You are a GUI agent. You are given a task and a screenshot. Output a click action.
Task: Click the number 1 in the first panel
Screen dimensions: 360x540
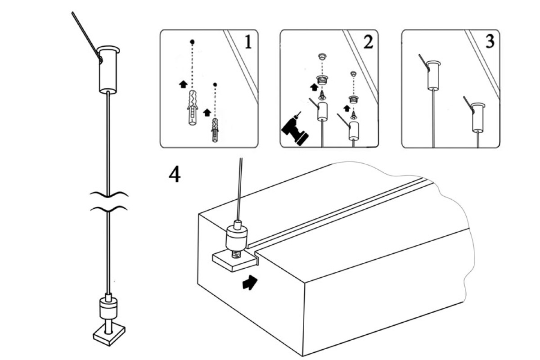247,42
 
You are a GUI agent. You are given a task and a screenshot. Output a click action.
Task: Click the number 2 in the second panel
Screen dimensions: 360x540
368,42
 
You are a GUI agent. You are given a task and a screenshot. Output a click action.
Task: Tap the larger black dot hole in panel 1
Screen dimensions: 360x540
192,42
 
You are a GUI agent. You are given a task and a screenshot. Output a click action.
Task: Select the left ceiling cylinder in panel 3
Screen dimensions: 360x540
433,75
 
